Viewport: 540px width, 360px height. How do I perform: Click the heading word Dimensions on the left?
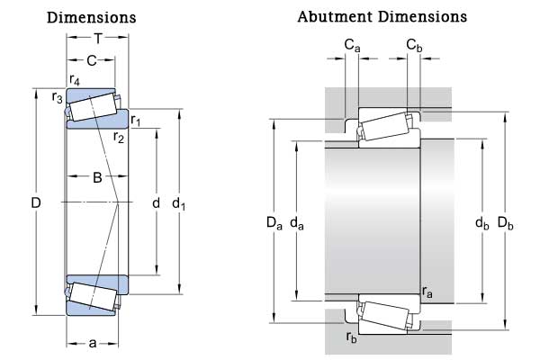coord(91,17)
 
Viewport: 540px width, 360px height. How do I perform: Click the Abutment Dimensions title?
coord(382,16)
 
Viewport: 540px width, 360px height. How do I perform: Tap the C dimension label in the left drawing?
coord(91,60)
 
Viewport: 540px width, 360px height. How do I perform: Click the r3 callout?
coord(57,96)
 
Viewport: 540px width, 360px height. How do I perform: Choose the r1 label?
coord(136,120)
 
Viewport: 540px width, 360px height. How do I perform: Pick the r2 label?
coord(119,137)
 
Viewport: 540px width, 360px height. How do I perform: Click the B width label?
coord(97,177)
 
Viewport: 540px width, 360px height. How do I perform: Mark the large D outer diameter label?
coord(36,204)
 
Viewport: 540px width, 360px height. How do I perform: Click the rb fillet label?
coord(352,337)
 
